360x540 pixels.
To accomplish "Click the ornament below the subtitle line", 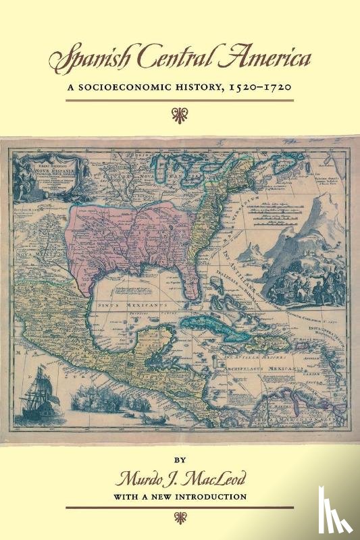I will pyautogui.click(x=180, y=111).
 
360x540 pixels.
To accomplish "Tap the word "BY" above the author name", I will pyautogui.click(x=180, y=465).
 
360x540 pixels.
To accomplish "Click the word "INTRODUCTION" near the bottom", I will pyautogui.click(x=210, y=497).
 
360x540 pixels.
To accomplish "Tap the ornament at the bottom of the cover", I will pyautogui.click(x=180, y=518).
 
